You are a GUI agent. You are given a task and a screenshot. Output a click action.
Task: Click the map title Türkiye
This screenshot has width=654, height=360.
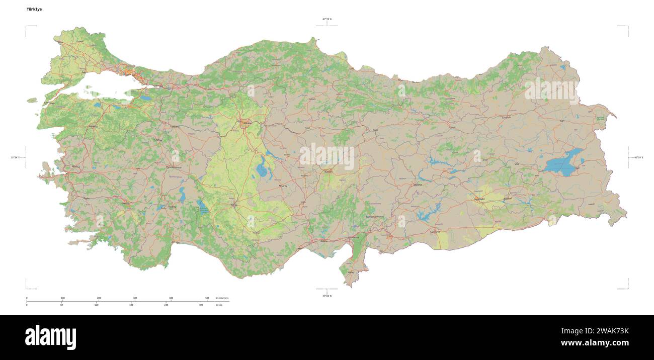click(34, 9)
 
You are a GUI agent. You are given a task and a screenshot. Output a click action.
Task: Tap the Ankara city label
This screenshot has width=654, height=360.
click(247, 123)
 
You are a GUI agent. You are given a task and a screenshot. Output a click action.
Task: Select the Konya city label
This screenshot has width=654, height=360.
click(233, 205)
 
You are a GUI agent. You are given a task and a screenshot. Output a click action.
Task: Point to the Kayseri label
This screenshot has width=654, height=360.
click(329, 172)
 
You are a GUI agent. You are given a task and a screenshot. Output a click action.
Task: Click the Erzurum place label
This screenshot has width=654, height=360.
click(506, 117)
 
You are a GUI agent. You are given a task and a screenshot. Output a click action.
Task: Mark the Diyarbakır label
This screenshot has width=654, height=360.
click(479, 199)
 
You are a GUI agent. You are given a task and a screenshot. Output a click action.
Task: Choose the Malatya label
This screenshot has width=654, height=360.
click(418, 185)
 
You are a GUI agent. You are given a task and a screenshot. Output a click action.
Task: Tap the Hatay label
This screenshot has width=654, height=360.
click(351, 273)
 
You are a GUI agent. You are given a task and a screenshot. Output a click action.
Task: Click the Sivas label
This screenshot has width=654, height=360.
click(375, 130)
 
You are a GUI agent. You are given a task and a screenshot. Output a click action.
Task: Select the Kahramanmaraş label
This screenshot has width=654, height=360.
click(375, 217)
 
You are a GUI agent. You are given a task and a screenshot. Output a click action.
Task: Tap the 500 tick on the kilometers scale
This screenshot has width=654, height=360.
click(207, 298)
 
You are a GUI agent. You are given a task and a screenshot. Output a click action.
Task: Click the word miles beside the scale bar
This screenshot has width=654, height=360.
click(219, 305)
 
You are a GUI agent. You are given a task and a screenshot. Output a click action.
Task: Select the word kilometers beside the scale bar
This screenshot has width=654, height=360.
click(222, 298)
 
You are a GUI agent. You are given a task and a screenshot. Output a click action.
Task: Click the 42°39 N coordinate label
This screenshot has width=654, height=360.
click(327, 19)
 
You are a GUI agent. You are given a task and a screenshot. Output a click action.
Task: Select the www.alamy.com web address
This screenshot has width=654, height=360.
click(595, 343)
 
